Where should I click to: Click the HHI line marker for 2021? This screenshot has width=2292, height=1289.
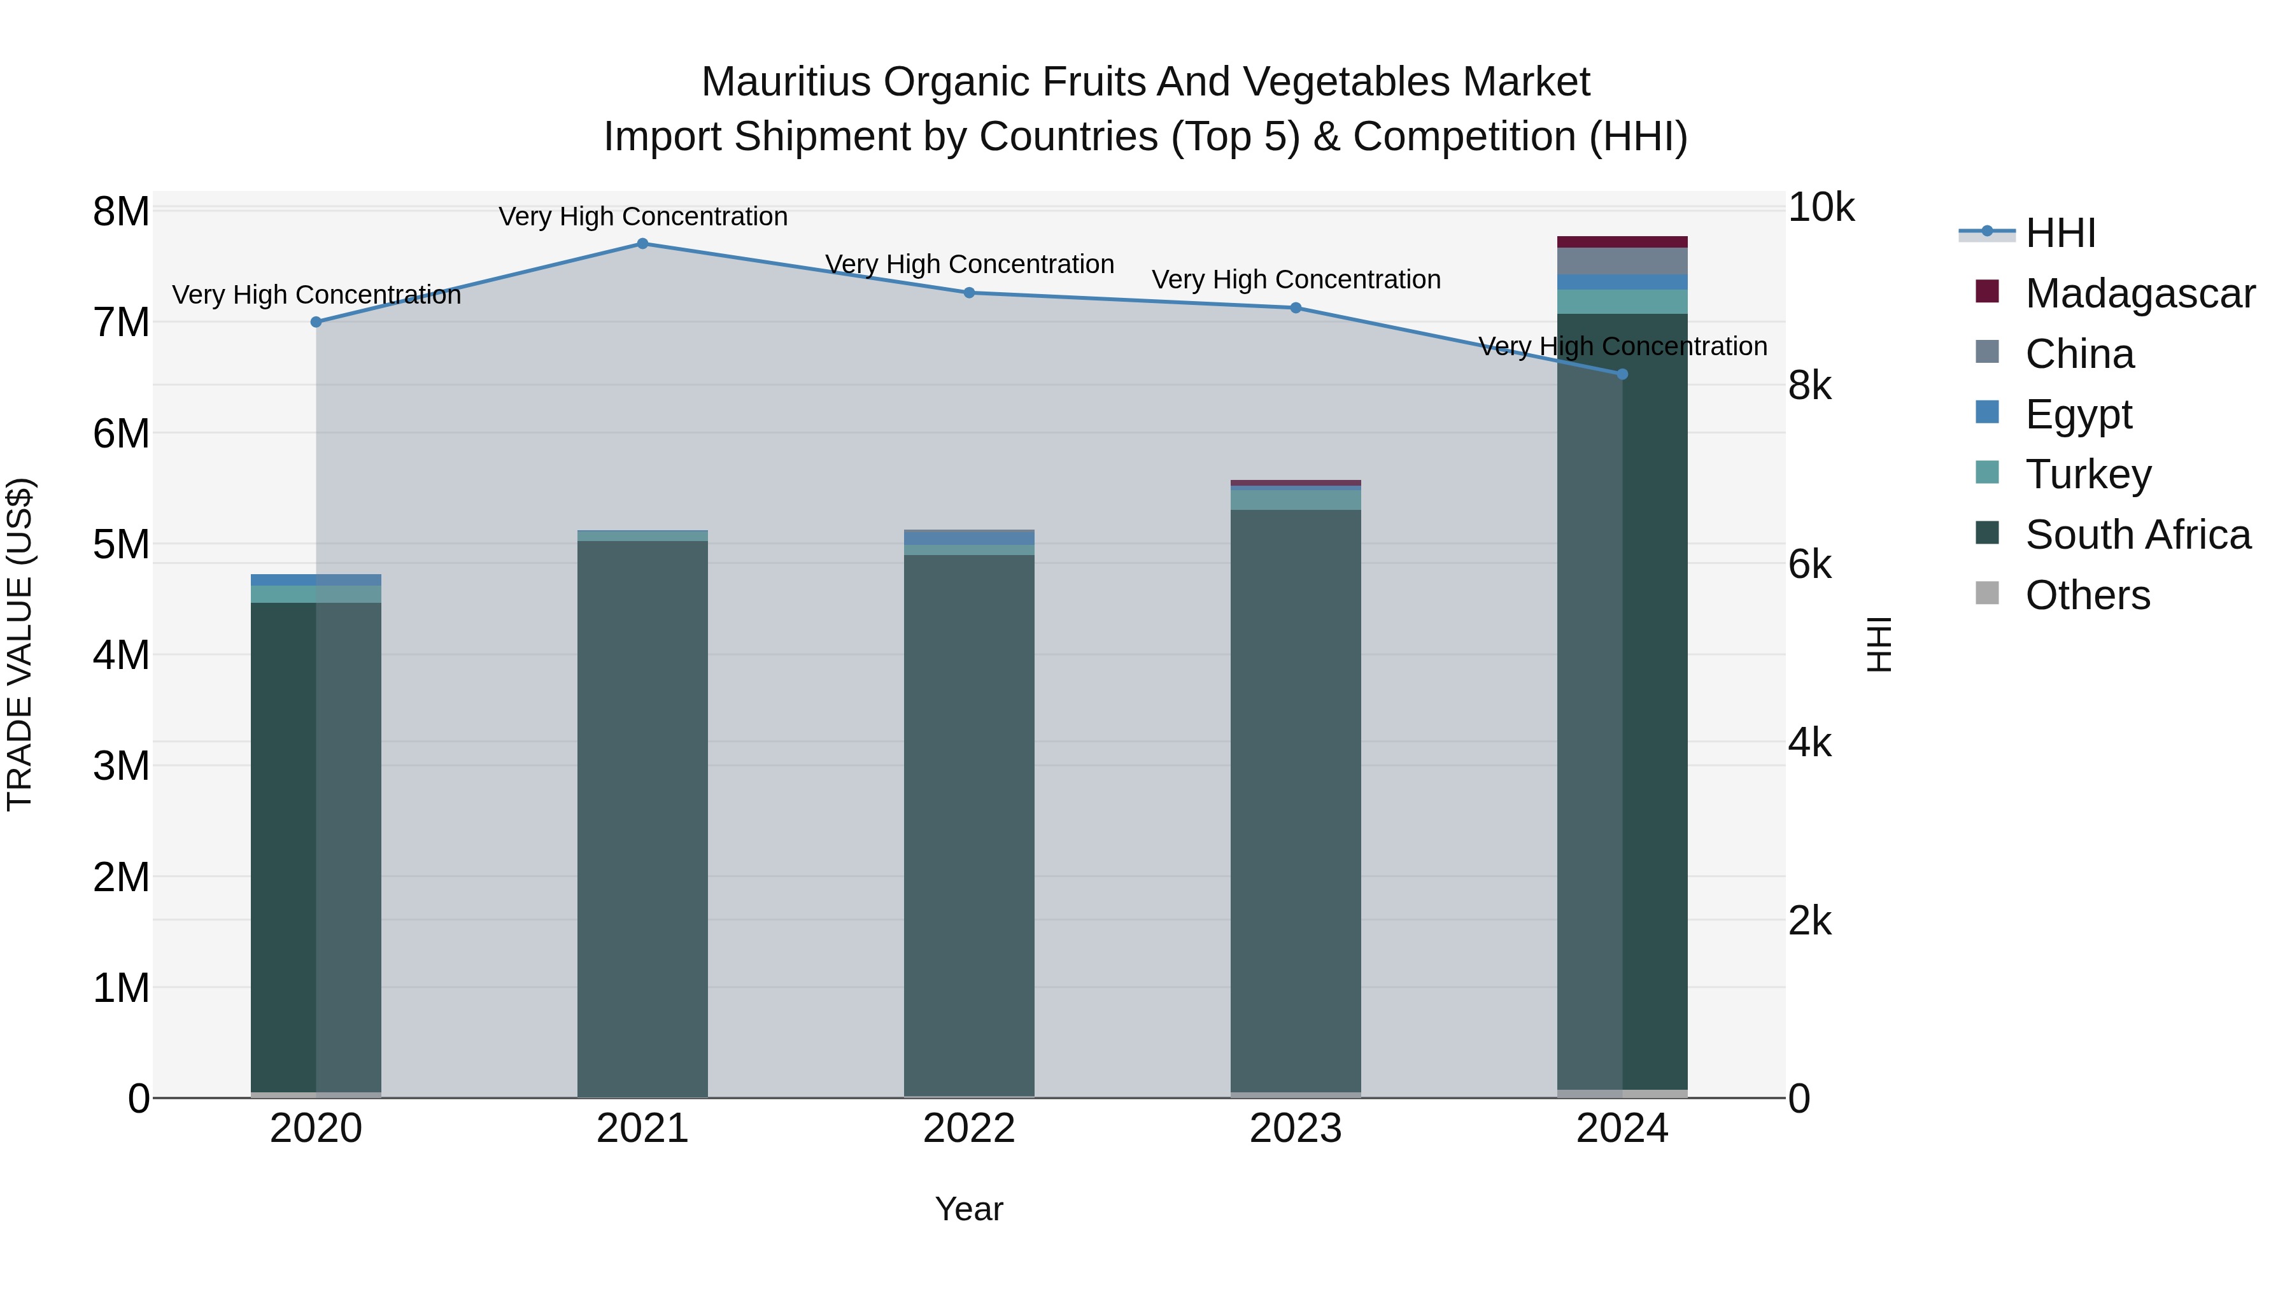click(642, 244)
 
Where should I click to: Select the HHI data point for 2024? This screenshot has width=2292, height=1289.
click(1622, 374)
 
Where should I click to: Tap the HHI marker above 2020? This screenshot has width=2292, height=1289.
click(316, 322)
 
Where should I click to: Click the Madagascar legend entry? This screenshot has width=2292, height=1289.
click(2140, 293)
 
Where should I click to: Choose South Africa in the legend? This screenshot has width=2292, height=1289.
click(2137, 535)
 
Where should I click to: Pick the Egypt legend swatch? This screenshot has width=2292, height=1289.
click(1987, 412)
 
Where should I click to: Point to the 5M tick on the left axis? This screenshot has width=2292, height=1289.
click(121, 544)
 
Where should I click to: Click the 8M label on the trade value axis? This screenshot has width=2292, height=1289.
click(121, 212)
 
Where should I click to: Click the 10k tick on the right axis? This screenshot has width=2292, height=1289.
click(1820, 208)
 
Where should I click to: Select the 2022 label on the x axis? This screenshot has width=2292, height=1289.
click(969, 1129)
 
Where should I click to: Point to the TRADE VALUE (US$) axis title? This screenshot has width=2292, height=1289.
click(20, 644)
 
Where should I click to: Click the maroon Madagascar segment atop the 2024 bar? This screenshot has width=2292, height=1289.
click(1622, 242)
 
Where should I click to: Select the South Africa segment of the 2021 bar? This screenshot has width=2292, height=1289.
click(642, 819)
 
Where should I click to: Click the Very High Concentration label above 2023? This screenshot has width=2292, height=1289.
click(1296, 279)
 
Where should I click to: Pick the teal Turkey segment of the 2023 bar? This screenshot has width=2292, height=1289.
click(1296, 500)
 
